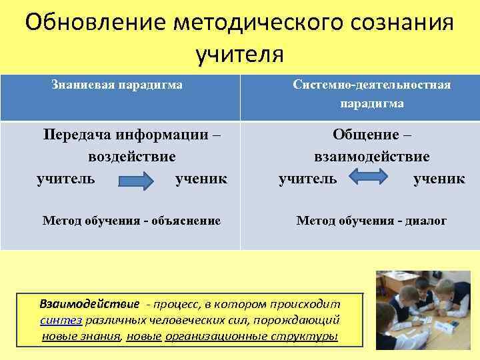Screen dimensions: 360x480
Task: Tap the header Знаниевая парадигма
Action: tap(117, 85)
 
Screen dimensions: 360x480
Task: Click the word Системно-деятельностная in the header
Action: tap(371, 85)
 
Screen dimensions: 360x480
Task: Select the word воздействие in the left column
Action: tap(132, 157)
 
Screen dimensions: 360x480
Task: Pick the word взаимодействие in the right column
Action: tap(371, 157)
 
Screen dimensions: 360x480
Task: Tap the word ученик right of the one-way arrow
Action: tap(201, 179)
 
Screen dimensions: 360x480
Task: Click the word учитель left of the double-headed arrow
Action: tap(308, 179)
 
